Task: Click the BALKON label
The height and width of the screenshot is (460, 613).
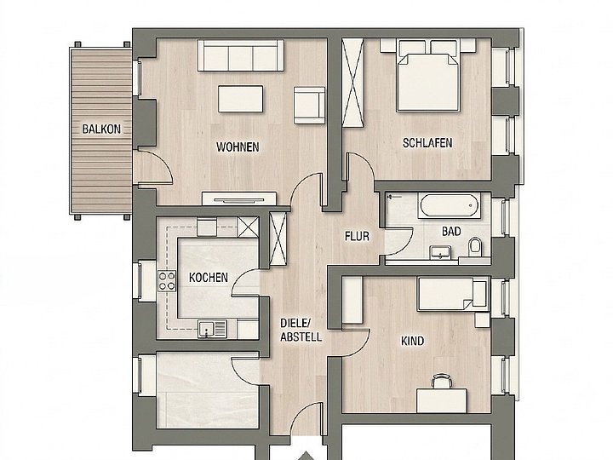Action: point(101,129)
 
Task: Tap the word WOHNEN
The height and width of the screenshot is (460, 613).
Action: point(238,147)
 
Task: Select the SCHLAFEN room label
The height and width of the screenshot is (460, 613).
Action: point(427,143)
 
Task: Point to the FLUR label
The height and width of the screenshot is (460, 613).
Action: point(357,236)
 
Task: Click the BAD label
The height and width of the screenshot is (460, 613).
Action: point(451,232)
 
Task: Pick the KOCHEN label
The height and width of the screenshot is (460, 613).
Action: point(209,278)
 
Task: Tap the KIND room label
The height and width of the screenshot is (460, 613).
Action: point(412,341)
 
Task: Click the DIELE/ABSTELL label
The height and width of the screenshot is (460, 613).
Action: point(301,331)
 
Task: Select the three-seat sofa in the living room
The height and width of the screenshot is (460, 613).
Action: point(240,55)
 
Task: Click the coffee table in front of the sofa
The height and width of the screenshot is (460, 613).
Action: point(240,99)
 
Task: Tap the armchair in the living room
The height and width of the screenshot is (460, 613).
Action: point(310,106)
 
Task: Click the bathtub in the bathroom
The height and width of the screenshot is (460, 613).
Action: point(450,206)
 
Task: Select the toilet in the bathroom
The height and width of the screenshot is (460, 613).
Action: point(475,246)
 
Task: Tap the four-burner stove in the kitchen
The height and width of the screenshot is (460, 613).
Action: point(167,281)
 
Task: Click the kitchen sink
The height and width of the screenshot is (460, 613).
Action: point(212,329)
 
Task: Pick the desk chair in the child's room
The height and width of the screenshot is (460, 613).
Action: point(441,381)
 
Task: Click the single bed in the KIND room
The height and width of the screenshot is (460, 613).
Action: point(453,294)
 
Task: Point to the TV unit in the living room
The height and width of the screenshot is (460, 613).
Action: point(239,198)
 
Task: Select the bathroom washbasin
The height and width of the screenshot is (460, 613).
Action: point(440,252)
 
